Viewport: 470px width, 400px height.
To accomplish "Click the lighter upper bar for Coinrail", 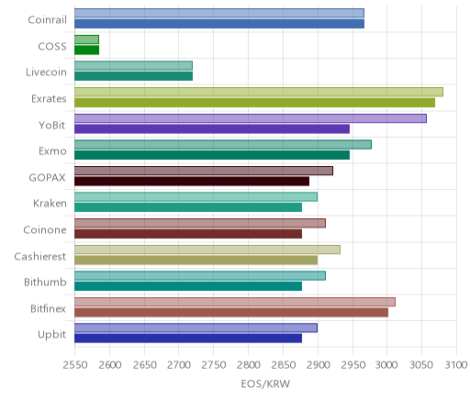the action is point(219,13).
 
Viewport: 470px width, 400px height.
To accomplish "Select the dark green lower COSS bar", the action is point(86,50).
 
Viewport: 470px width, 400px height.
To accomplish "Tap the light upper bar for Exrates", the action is point(259,92).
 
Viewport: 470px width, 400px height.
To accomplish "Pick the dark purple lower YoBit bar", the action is point(212,129).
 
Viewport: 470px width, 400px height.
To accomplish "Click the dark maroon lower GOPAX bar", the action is point(192,182).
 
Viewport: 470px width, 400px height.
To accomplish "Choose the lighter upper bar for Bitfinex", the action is point(235,302).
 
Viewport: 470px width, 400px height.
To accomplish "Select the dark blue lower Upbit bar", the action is point(188,339).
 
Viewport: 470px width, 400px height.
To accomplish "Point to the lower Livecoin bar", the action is point(133,76).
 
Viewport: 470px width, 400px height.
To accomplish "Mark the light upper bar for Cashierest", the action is point(207,250).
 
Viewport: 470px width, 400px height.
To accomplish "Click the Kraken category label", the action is point(50,204).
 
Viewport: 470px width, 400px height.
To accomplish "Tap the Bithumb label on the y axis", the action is point(45,282).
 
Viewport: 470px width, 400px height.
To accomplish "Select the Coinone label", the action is point(45,229).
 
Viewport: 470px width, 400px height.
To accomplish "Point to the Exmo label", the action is point(52,151).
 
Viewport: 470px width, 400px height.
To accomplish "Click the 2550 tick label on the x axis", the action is point(75,365).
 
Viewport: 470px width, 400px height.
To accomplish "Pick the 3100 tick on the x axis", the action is point(456,365).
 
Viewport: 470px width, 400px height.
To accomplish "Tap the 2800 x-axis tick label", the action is point(249,365).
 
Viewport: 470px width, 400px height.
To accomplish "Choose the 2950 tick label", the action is point(352,365).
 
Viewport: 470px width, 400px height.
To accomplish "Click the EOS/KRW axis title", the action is point(265,383).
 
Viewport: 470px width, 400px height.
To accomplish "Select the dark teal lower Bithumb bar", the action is point(188,286).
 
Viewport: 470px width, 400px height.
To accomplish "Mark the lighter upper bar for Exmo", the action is point(223,145).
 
